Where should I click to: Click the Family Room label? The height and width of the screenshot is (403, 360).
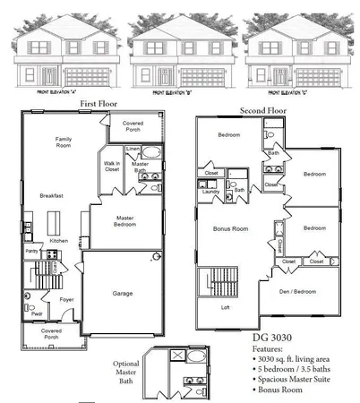[64, 143]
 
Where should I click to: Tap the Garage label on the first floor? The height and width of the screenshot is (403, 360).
[124, 292]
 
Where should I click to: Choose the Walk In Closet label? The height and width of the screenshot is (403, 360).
[112, 166]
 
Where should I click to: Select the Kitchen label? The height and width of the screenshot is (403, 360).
[59, 241]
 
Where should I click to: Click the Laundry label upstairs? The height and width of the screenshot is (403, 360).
[211, 192]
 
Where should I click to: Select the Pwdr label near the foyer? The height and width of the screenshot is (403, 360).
[36, 313]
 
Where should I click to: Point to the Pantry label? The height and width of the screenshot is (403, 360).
[31, 253]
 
